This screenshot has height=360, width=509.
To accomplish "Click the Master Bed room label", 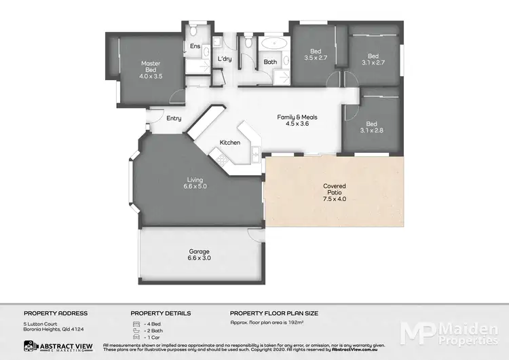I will tap(150, 70).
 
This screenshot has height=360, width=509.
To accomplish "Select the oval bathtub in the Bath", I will tap(274, 43).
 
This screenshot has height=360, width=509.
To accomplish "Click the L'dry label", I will tap(225, 59).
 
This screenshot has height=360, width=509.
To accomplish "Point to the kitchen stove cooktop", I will tap(221, 160).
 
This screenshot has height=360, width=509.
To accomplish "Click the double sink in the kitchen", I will tap(254, 154).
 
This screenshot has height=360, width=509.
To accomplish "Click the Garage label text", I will tap(199, 251).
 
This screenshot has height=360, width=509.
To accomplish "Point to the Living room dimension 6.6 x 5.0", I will tap(196, 185).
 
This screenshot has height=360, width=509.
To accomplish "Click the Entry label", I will tap(174, 119).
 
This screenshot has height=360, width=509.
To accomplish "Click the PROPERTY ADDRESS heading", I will tap(56, 313).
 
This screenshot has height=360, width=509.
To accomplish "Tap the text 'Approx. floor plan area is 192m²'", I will tap(270, 323).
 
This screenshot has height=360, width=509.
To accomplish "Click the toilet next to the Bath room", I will tap(249, 43).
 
